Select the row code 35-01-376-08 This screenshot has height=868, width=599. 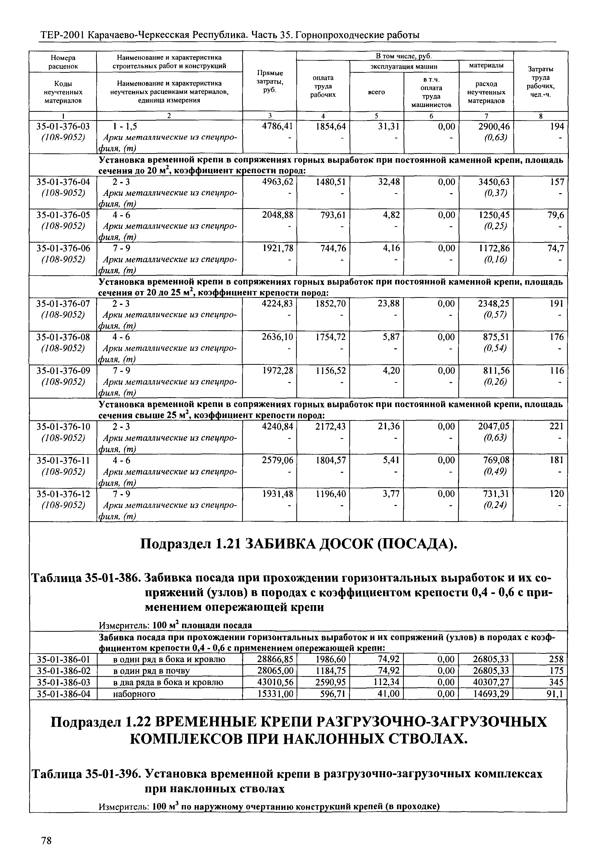pyautogui.click(x=63, y=337)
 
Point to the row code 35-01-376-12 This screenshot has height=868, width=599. pyautogui.click(x=63, y=494)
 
